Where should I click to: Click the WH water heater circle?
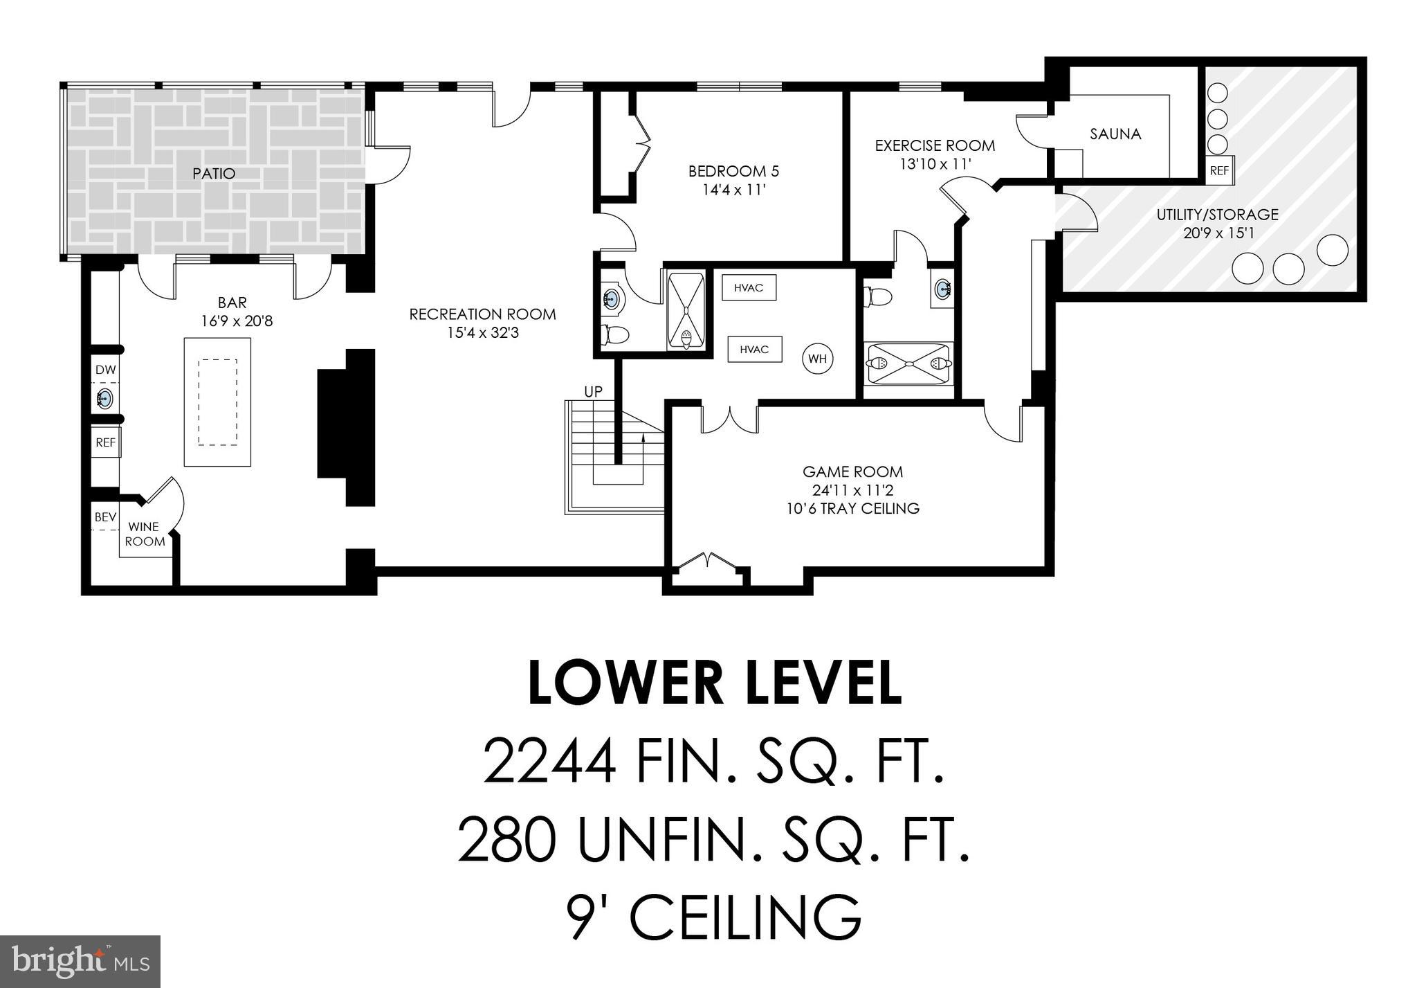(817, 359)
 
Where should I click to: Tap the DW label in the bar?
(105, 370)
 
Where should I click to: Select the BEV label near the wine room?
(105, 517)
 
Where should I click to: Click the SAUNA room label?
(1115, 134)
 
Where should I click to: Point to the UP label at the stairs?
(593, 392)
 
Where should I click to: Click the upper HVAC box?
(749, 287)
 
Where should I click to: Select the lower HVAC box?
(754, 350)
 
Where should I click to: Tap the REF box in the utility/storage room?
(1219, 170)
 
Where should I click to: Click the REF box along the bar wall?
(105, 442)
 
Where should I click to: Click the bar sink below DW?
(105, 399)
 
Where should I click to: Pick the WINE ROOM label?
(145, 534)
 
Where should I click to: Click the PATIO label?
(214, 174)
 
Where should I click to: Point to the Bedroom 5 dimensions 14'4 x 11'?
(733, 190)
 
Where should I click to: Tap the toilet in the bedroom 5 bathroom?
(615, 336)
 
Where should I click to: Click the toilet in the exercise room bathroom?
(878, 296)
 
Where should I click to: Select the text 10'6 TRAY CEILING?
(852, 509)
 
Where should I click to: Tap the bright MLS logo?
(80, 962)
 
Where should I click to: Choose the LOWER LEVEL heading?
(715, 683)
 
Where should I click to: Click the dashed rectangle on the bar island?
(217, 402)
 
